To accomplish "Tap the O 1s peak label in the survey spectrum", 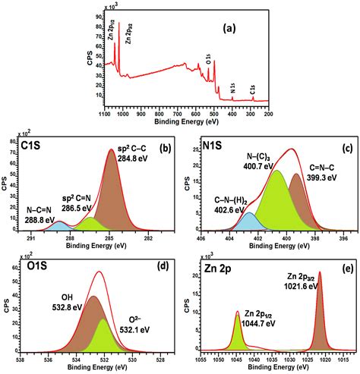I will coord(207,56).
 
